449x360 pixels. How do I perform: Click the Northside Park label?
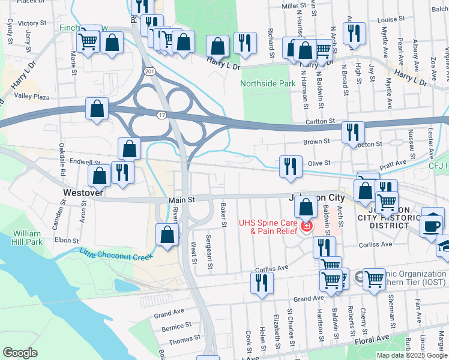click(268, 84)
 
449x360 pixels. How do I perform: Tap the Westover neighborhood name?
click(83, 193)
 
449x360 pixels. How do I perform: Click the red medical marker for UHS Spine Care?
click(306, 227)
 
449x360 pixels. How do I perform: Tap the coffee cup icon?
click(432, 225)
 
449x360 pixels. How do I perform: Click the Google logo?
click(20, 353)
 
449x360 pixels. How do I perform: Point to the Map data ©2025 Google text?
click(412, 355)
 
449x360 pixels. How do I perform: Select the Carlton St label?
click(319, 121)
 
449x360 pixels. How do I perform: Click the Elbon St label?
click(63, 239)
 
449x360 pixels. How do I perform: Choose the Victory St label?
click(32, 23)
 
